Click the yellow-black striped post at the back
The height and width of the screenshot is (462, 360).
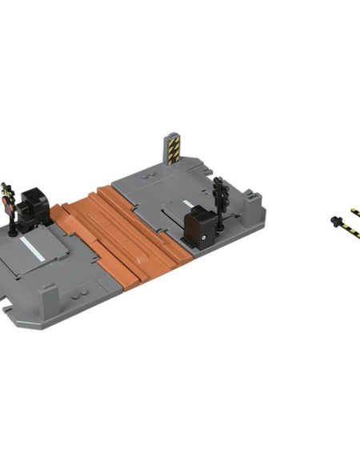pos(174,147)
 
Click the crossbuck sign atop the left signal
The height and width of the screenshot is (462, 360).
pos(7,190)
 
